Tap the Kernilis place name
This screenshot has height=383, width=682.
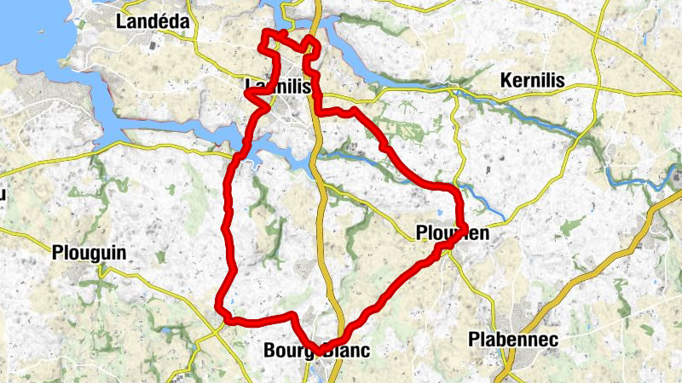pos(534,81)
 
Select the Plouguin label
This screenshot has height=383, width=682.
pos(89,253)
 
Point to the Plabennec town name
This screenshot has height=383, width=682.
pos(513,340)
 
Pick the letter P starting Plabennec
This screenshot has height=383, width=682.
pos(474,340)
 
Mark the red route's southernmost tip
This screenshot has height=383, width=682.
pos(319,351)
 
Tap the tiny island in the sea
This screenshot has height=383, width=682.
pos(40,34)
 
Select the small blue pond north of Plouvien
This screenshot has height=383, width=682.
pos(439,214)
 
